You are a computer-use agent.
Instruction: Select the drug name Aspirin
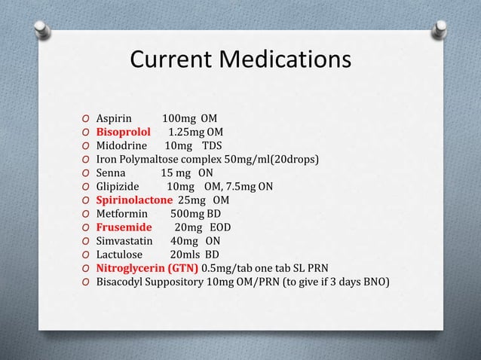pos(115,118)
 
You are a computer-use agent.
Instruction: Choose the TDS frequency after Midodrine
pos(212,145)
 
